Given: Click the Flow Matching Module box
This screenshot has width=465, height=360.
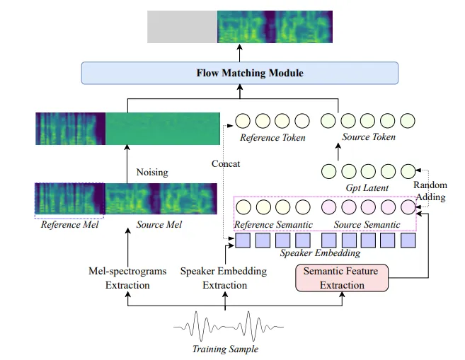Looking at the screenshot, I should tap(240, 73).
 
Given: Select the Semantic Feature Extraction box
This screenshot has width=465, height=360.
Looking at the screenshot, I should tap(341, 278).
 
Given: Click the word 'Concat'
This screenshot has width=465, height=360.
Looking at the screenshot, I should tap(226, 164).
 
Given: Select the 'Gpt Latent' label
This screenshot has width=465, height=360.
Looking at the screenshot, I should tap(366, 187).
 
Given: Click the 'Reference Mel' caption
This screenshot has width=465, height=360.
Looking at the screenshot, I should tap(68, 225).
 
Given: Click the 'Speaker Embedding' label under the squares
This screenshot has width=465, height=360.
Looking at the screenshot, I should tap(320, 252).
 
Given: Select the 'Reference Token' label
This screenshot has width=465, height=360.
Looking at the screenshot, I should tap(272, 137).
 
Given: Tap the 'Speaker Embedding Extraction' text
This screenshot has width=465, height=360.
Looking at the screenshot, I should tap(224, 278).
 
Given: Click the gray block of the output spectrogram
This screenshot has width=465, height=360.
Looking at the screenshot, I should tap(182, 27).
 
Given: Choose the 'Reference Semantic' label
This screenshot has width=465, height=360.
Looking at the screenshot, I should tap(274, 224).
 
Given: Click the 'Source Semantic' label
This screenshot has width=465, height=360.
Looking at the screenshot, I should tap(367, 224).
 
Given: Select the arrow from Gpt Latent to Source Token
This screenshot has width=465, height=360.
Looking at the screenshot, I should tap(338, 152).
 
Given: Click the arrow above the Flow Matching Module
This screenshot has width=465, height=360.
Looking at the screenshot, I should tap(240, 52).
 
